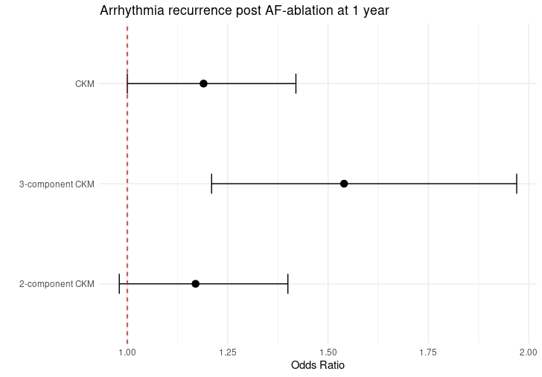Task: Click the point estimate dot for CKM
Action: click(x=203, y=83)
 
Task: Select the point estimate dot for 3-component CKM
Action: click(x=344, y=184)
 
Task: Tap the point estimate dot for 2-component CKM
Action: click(x=195, y=283)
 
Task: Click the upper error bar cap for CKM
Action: click(x=296, y=83)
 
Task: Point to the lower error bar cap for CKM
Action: click(x=127, y=83)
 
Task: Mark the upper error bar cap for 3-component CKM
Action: click(x=517, y=184)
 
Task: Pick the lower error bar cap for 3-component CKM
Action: click(x=211, y=184)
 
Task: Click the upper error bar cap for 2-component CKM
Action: click(x=288, y=283)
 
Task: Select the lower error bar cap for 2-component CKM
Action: click(x=119, y=283)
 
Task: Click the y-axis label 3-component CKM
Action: click(x=57, y=184)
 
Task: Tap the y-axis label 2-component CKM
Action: click(x=57, y=284)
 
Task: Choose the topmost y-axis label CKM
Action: click(x=85, y=84)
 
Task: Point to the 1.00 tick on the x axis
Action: click(x=127, y=351)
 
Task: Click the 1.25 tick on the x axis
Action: click(x=228, y=351)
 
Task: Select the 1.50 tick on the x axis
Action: click(x=328, y=351)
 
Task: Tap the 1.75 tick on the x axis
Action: click(x=428, y=351)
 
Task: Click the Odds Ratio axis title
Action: click(x=318, y=366)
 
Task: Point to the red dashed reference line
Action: click(x=127, y=223)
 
